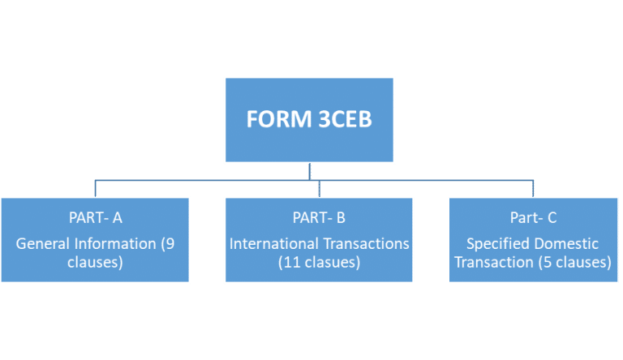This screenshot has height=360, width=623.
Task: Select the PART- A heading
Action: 96,217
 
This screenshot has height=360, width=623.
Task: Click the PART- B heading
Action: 319,217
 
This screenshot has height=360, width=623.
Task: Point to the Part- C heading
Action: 533,217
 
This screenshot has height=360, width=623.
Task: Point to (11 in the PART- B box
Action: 290,262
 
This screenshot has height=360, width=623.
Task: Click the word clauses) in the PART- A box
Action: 96,262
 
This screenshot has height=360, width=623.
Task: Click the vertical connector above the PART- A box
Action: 96,188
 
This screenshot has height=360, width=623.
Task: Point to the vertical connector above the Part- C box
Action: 533,188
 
